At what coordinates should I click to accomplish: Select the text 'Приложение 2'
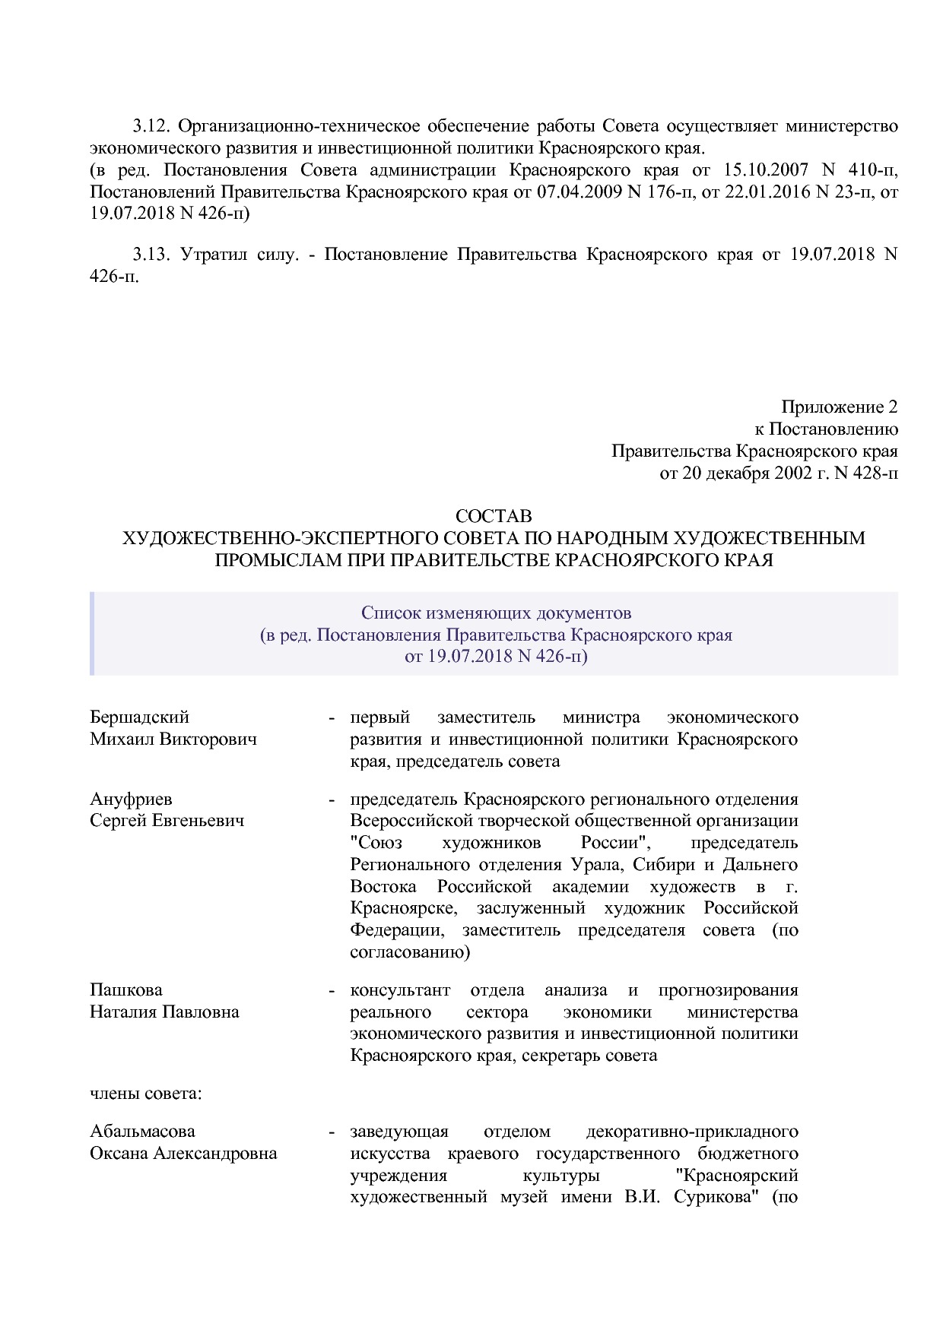coord(839,407)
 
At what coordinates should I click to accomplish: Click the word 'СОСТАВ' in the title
coord(494,517)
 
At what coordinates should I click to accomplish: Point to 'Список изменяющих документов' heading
coord(496,613)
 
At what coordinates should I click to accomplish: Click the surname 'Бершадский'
coord(139,717)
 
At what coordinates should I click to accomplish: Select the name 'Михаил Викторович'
coord(173,739)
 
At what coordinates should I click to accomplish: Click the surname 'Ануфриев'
coord(131,799)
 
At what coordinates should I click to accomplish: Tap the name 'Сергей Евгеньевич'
coord(167,822)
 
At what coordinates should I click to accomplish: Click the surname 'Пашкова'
coord(126,990)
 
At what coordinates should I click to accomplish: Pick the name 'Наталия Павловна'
coord(164,1012)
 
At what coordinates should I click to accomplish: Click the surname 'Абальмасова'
coord(142,1132)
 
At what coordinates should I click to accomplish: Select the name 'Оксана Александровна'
coord(183,1154)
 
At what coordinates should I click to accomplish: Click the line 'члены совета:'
coord(145,1094)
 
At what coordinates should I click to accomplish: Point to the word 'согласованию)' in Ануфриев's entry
coord(410,952)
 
